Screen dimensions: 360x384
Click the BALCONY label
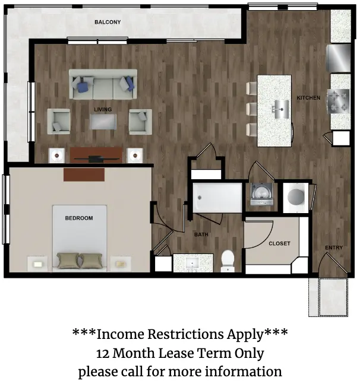[x=108, y=22]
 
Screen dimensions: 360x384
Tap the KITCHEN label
[x=308, y=98]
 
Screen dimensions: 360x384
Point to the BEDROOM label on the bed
[x=79, y=218]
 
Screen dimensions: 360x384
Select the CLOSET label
[x=279, y=243]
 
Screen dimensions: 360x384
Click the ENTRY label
[x=334, y=247]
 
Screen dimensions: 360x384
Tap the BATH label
[x=201, y=234]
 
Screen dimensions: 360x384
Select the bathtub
[x=217, y=198]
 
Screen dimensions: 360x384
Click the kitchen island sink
[x=281, y=109]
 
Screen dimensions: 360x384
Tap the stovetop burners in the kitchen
[x=339, y=101]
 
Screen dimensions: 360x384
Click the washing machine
[x=261, y=194]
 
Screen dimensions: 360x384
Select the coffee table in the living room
[x=103, y=122]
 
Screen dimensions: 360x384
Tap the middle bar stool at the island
[x=251, y=109]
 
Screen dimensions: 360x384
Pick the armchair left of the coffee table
[x=59, y=122]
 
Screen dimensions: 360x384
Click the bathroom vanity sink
[x=192, y=264]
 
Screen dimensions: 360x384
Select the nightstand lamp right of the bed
[x=121, y=264]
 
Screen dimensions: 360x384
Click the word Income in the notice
[x=120, y=334]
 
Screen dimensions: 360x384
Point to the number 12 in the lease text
[x=102, y=354]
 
